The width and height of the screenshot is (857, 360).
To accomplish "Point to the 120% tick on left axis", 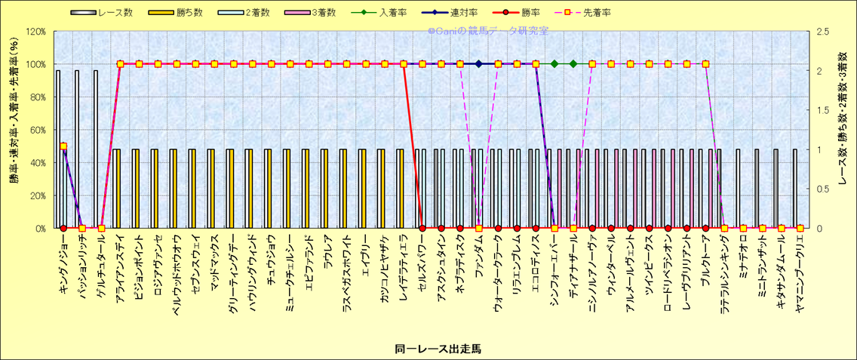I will click(35, 32).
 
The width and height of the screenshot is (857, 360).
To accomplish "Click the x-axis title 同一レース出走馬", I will click(438, 349).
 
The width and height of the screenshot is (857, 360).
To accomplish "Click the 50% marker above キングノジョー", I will click(63, 146).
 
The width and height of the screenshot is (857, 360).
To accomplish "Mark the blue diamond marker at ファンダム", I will click(478, 64).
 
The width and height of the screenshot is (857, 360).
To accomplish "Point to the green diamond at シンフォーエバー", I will click(554, 64).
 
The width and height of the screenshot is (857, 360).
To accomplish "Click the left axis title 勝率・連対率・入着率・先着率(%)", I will click(13, 130).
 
